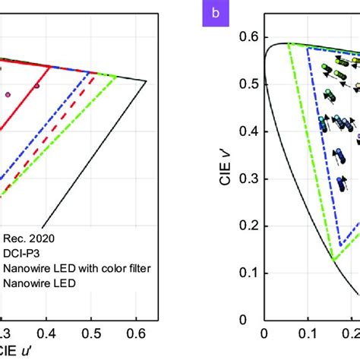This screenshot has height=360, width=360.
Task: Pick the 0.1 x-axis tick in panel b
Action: pos(309,332)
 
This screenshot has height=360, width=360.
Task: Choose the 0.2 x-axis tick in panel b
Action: pos(352,332)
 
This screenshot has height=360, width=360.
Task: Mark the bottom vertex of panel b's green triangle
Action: pos(333,261)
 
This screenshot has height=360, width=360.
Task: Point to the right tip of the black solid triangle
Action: pos(147,81)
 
